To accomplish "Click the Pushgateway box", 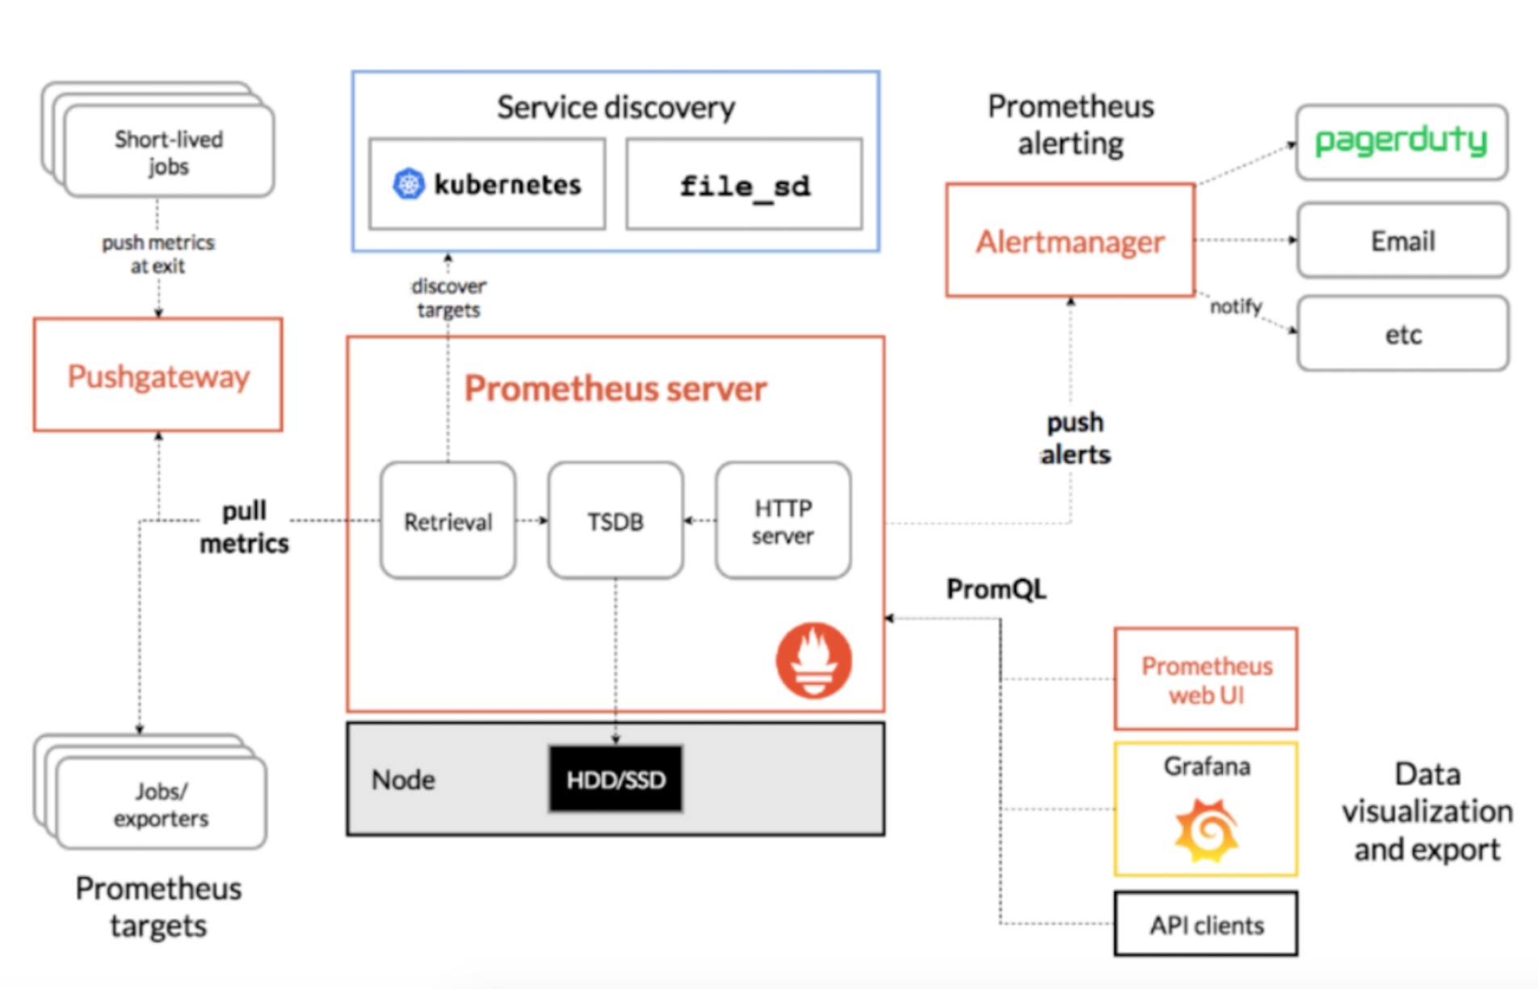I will tap(158, 375).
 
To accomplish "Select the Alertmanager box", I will tap(1070, 241).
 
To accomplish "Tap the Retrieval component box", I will tap(448, 521).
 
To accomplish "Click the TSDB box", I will tap(616, 521).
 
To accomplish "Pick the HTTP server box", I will tap(783, 521).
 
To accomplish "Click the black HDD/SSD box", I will tap(616, 779).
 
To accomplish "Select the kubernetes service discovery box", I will tap(487, 184).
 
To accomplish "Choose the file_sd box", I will tap(744, 185).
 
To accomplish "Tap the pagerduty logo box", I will tap(1401, 141).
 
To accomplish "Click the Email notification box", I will tap(1402, 241).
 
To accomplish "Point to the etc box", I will tap(1402, 334).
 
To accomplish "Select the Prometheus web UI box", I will tap(1206, 680).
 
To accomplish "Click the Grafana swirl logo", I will tap(1206, 830).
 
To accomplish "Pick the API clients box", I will tap(1206, 924).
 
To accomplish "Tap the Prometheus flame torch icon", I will tap(813, 660).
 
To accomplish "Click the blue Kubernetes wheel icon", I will tap(409, 184).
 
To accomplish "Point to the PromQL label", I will tap(996, 589).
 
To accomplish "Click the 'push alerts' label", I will tap(1075, 438).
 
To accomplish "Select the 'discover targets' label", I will tap(448, 297).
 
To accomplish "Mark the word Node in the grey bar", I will tap(403, 780).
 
